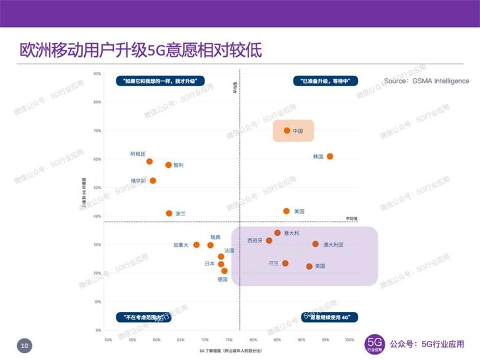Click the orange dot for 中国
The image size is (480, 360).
pos(287,130)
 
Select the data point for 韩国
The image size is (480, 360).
pos(330,156)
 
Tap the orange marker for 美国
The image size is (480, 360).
pos(286,211)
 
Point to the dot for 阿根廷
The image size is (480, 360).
pos(150,161)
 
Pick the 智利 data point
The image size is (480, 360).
pos(169,165)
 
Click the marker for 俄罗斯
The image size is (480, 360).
pos(153,180)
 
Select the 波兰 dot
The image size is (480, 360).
pos(169,214)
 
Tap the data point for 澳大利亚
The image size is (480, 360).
pos(316,244)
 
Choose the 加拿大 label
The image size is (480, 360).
pos(181,245)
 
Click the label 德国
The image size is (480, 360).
pos(223,279)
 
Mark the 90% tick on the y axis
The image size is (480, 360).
pos(97,74)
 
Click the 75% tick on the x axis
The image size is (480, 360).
pos(229,340)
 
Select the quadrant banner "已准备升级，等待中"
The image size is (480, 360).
pos(326,80)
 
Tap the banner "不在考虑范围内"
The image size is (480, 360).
pos(143,318)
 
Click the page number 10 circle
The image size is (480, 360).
pos(24,346)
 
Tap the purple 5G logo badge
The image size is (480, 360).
pos(375,343)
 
